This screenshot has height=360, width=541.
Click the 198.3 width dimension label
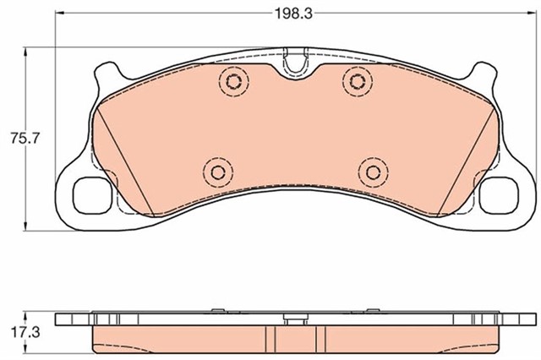click(293, 14)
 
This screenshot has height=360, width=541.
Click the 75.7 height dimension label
click(25, 139)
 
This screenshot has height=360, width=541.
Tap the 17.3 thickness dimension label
click(25, 333)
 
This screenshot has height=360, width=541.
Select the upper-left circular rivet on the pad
click(234, 81)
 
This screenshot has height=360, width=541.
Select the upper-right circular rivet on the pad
click(358, 81)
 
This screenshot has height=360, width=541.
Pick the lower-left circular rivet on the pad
click(218, 172)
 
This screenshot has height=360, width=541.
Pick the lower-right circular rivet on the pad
click(374, 172)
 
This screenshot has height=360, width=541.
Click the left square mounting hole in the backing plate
click(92, 195)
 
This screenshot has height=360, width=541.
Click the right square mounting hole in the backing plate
click(499, 195)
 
